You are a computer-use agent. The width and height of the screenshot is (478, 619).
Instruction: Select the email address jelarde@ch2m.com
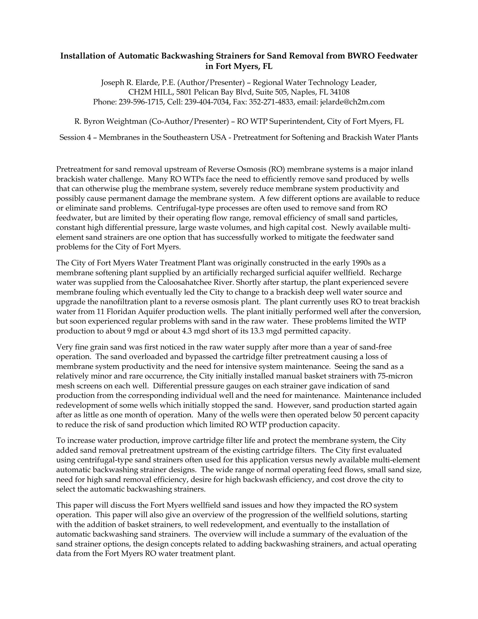352,102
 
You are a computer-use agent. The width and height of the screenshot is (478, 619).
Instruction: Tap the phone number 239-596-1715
141,102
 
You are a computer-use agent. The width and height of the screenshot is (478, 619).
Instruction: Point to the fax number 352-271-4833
271,102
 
